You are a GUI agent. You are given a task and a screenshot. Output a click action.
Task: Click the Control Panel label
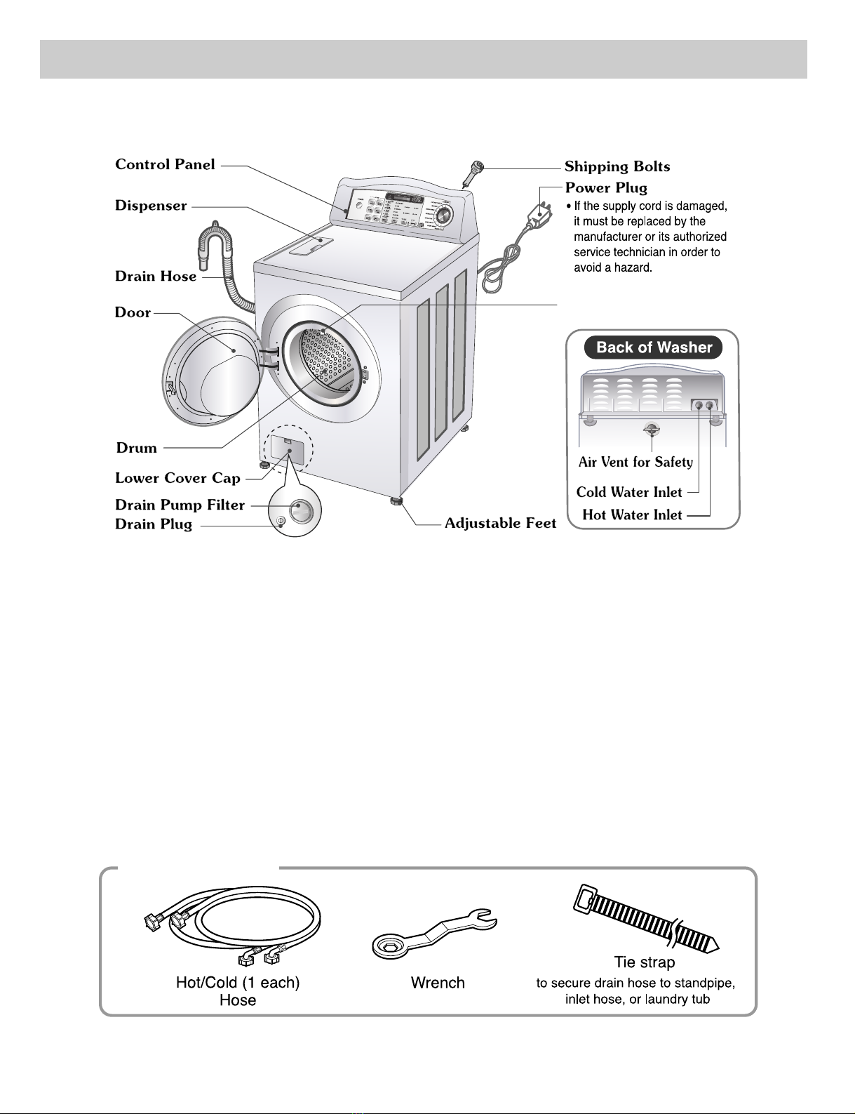[x=165, y=164]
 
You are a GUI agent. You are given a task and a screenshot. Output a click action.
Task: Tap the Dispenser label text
[x=151, y=206]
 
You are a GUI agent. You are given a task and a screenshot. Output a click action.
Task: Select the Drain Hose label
[x=156, y=277]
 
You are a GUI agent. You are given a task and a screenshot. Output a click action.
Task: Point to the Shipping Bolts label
[x=617, y=166]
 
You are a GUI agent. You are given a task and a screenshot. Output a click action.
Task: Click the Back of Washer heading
[x=654, y=347]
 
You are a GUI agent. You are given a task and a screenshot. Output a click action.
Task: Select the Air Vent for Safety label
[x=635, y=462]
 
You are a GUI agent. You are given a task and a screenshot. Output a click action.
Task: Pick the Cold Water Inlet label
[x=629, y=492]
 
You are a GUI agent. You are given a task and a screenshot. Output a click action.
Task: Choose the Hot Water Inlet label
[x=632, y=515]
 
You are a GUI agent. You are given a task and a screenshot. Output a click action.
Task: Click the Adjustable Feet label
[x=500, y=523]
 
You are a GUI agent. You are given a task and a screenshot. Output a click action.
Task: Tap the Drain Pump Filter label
[x=180, y=505]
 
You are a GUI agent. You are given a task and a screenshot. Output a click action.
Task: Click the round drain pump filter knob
[x=301, y=510]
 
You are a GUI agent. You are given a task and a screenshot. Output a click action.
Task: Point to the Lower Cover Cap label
[x=177, y=478]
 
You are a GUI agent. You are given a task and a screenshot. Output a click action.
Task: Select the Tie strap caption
[x=644, y=962]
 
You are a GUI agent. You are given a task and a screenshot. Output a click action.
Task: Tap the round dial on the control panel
[x=443, y=215]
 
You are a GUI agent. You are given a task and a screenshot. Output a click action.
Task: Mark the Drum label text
[x=137, y=448]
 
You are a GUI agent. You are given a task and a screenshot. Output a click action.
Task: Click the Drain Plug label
[x=154, y=525]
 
